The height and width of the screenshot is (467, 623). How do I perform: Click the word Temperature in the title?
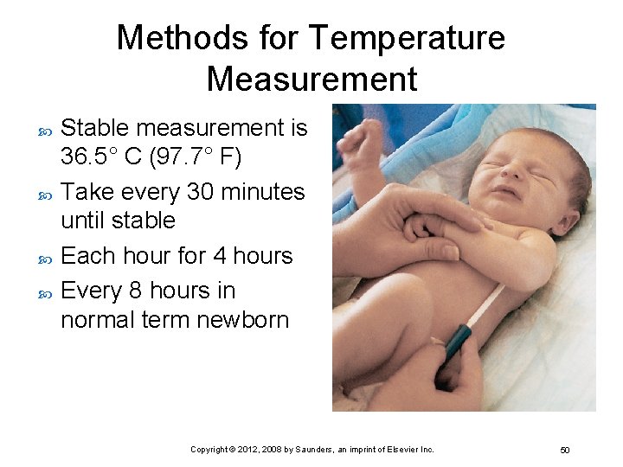click(406, 38)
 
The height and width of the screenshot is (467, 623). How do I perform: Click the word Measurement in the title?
click(311, 79)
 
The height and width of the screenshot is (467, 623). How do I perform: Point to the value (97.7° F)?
click(204, 157)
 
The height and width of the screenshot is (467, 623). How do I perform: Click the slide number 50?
click(564, 450)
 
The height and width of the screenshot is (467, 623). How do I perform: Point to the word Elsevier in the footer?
click(402, 450)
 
